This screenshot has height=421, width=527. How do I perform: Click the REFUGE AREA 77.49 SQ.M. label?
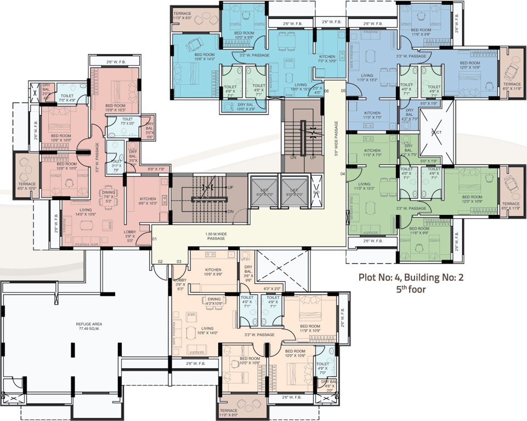89,326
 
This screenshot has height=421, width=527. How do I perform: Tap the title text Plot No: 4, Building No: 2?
411,277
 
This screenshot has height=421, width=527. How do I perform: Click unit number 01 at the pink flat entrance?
155,239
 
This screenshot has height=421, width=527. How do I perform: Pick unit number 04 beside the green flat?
342,174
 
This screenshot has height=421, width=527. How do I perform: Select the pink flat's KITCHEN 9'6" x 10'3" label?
148,201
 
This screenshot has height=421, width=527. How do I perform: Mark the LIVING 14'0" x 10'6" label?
86,212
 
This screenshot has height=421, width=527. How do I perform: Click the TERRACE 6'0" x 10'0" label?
27,186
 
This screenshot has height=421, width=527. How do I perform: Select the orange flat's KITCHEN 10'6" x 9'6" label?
213,272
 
